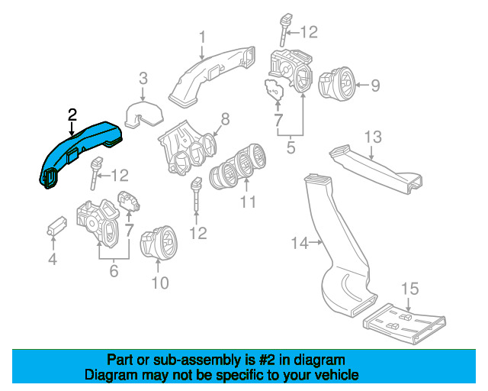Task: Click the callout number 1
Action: [x=203, y=36]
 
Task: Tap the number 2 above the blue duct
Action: [x=72, y=115]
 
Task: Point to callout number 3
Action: [x=142, y=77]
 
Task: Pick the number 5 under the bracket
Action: [x=291, y=146]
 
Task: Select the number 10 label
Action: [x=159, y=284]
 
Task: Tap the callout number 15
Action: [x=409, y=288]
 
